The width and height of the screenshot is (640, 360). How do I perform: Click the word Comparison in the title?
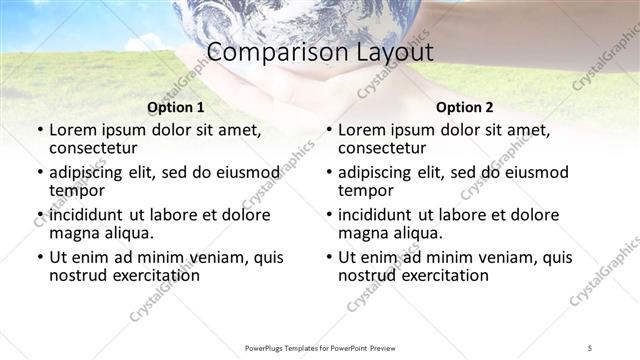point(263,53)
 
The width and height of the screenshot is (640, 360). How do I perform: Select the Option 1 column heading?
point(175,107)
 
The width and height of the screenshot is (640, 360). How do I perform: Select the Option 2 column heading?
point(464,107)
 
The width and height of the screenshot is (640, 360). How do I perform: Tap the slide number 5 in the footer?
point(590,347)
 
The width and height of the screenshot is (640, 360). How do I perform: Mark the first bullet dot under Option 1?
point(39,130)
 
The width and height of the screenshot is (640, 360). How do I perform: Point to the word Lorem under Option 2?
point(362,129)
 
